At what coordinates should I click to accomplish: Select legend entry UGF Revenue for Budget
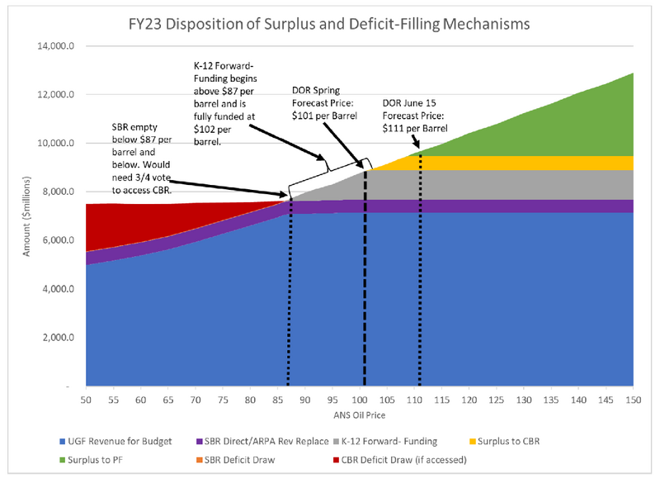[x=125, y=442]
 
